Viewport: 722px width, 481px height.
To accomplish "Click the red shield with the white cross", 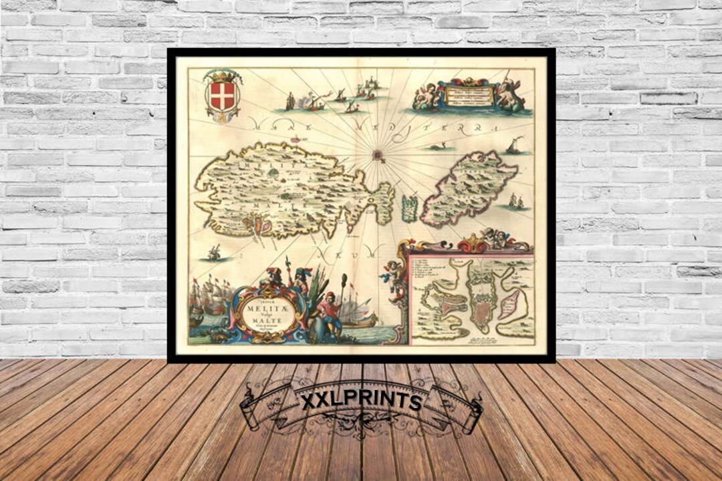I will click(222, 96).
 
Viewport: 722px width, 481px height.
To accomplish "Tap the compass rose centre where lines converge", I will click(378, 155).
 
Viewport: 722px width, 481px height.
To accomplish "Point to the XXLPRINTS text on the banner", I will click(360, 402).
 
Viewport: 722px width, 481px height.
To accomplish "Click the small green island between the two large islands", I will click(409, 208).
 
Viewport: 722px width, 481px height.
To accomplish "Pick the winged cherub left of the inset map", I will click(390, 273).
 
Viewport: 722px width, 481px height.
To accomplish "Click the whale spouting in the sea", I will click(439, 146).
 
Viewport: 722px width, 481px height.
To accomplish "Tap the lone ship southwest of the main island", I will click(214, 252).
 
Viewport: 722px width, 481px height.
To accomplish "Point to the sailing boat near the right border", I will click(515, 146).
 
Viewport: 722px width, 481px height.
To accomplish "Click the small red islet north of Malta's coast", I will click(294, 140).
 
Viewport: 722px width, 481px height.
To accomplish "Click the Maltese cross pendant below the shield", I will click(222, 118).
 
